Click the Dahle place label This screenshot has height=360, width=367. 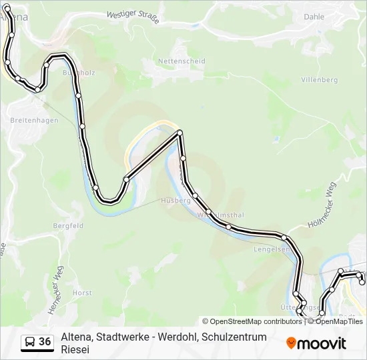(x=314, y=17)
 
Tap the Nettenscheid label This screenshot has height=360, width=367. (x=181, y=61)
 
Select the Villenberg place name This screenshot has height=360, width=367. (x=320, y=79)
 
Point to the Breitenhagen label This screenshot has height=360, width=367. (x=35, y=121)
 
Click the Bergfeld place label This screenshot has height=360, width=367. (x=68, y=226)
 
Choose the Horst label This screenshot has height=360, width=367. (x=82, y=293)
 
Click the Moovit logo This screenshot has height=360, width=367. (x=316, y=343)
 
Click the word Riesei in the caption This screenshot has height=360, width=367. (x=75, y=349)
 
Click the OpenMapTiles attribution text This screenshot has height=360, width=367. (x=339, y=321)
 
